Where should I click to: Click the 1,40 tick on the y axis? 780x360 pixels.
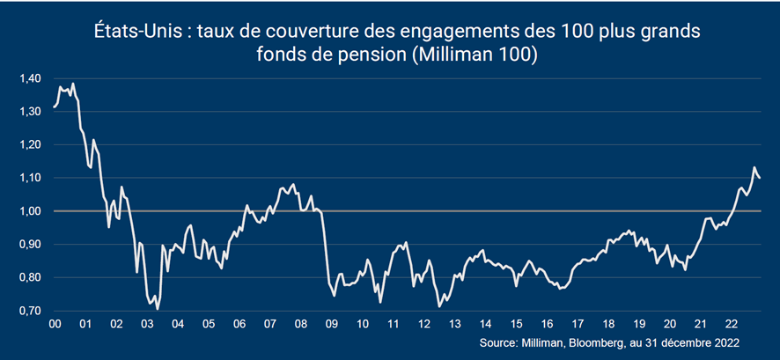(x=29, y=79)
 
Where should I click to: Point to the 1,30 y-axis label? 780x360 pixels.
(x=29, y=112)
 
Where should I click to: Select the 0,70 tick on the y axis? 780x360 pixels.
(x=29, y=312)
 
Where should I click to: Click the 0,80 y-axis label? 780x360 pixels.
(x=29, y=278)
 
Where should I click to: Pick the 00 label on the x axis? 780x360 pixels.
(x=55, y=324)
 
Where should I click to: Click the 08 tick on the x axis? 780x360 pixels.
(x=300, y=324)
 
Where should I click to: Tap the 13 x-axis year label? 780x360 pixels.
(x=454, y=324)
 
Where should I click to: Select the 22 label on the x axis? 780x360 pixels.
(x=731, y=324)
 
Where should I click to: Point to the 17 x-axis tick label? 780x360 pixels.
(x=578, y=324)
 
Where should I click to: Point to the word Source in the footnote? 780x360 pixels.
(x=498, y=342)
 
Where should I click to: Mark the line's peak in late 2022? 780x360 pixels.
(x=754, y=167)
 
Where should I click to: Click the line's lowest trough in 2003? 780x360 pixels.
(x=158, y=309)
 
